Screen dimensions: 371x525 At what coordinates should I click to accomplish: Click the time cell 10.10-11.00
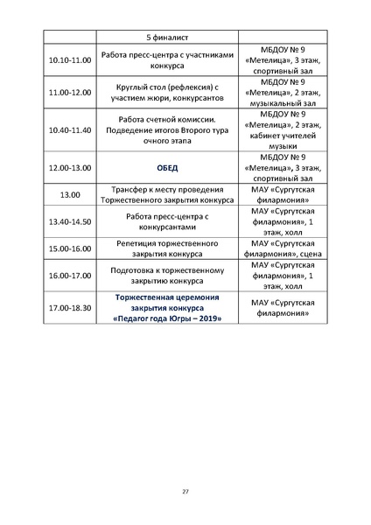pos(68,60)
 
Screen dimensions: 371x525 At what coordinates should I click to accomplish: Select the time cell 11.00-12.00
pos(68,92)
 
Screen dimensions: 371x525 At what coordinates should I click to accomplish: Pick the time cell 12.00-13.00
pos(68,167)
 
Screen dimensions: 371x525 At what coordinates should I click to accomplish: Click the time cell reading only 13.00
pos(68,193)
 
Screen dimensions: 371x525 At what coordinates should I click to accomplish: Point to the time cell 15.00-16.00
pos(68,248)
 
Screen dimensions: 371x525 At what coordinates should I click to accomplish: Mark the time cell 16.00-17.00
pos(68,274)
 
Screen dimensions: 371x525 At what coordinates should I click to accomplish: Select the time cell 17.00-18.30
pos(68,308)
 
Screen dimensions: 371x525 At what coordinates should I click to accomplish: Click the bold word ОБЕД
pos(167,167)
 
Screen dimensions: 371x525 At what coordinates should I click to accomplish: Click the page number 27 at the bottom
pos(185,491)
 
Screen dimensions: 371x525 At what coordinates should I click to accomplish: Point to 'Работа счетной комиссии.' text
pos(167,118)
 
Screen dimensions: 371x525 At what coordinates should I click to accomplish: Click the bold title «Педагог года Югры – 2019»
pos(167,319)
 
